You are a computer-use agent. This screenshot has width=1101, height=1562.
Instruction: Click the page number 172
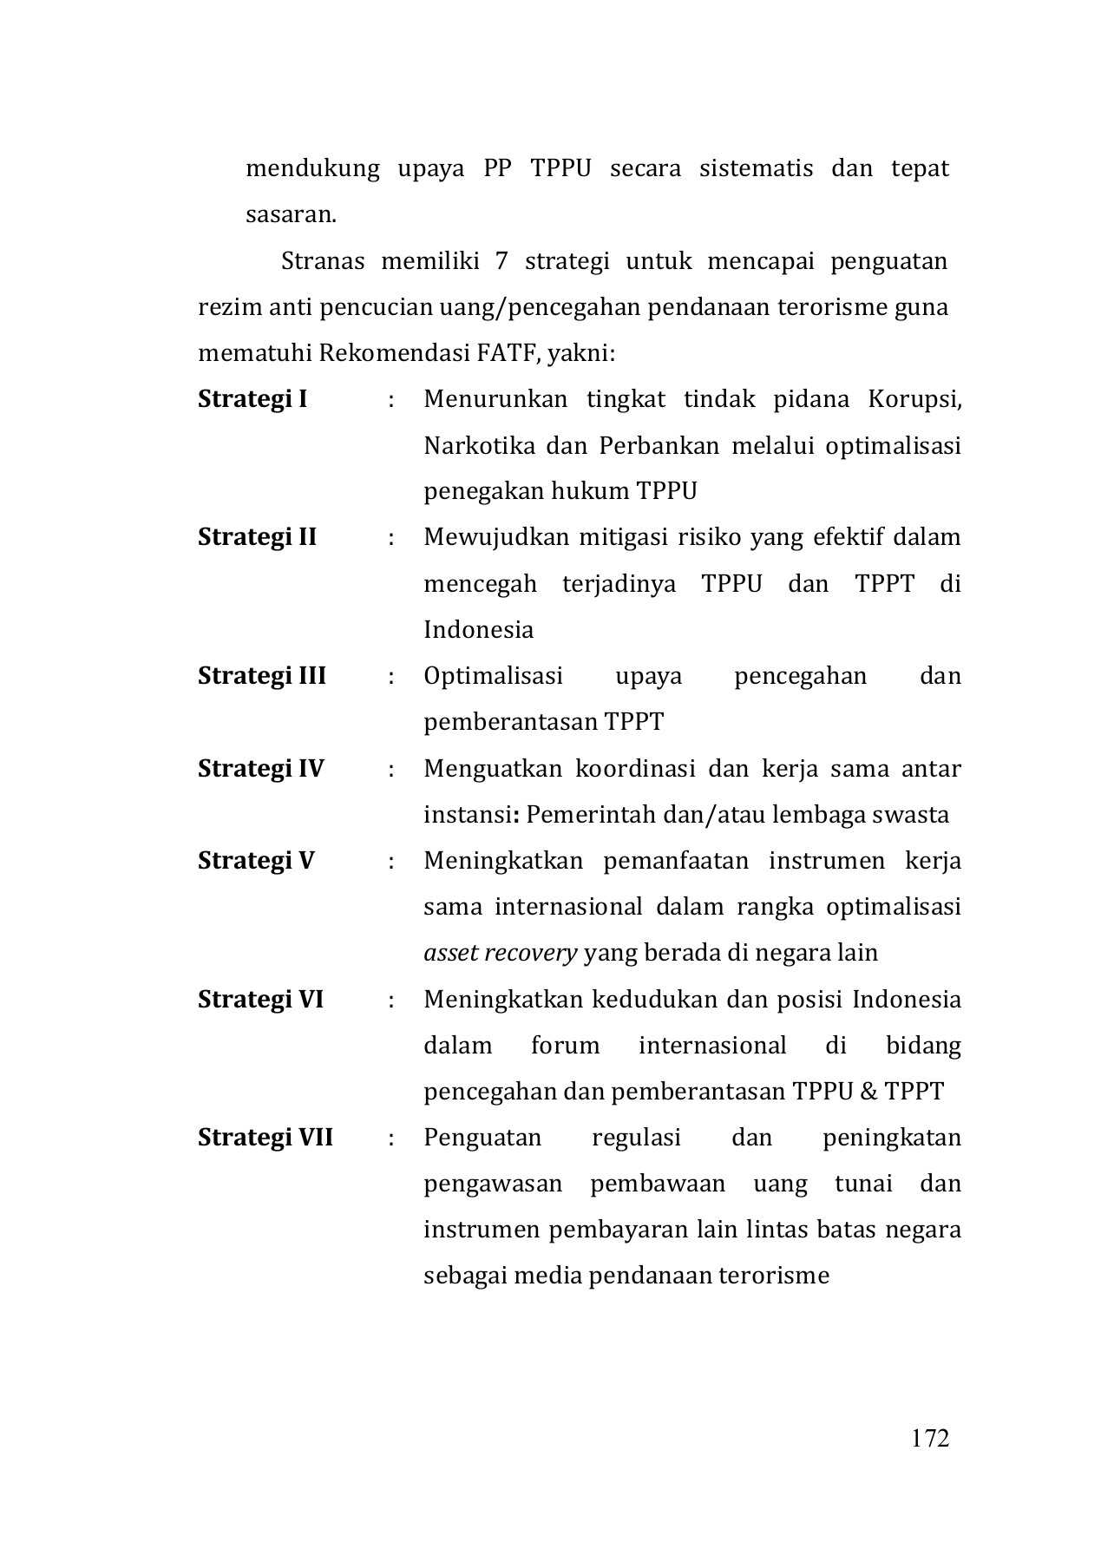[x=930, y=1438]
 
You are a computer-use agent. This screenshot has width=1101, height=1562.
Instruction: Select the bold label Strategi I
[x=252, y=399]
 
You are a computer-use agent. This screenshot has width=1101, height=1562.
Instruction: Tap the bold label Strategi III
[x=262, y=675]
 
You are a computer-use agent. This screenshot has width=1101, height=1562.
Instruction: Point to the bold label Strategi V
[x=256, y=860]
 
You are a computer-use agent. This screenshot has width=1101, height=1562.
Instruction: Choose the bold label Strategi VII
[x=265, y=1137]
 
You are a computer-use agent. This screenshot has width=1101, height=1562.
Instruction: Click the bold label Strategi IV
[x=260, y=768]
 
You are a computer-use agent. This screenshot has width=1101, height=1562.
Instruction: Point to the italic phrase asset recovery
[x=500, y=953]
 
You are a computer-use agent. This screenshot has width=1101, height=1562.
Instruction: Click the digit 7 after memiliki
[x=501, y=261]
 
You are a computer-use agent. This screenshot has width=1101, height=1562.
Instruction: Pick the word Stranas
[x=323, y=261]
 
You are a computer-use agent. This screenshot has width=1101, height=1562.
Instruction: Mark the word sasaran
[x=291, y=214]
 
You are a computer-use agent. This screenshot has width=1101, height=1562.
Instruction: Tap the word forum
[x=565, y=1045]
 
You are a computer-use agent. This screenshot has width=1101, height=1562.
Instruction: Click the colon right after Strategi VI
[x=392, y=1000]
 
